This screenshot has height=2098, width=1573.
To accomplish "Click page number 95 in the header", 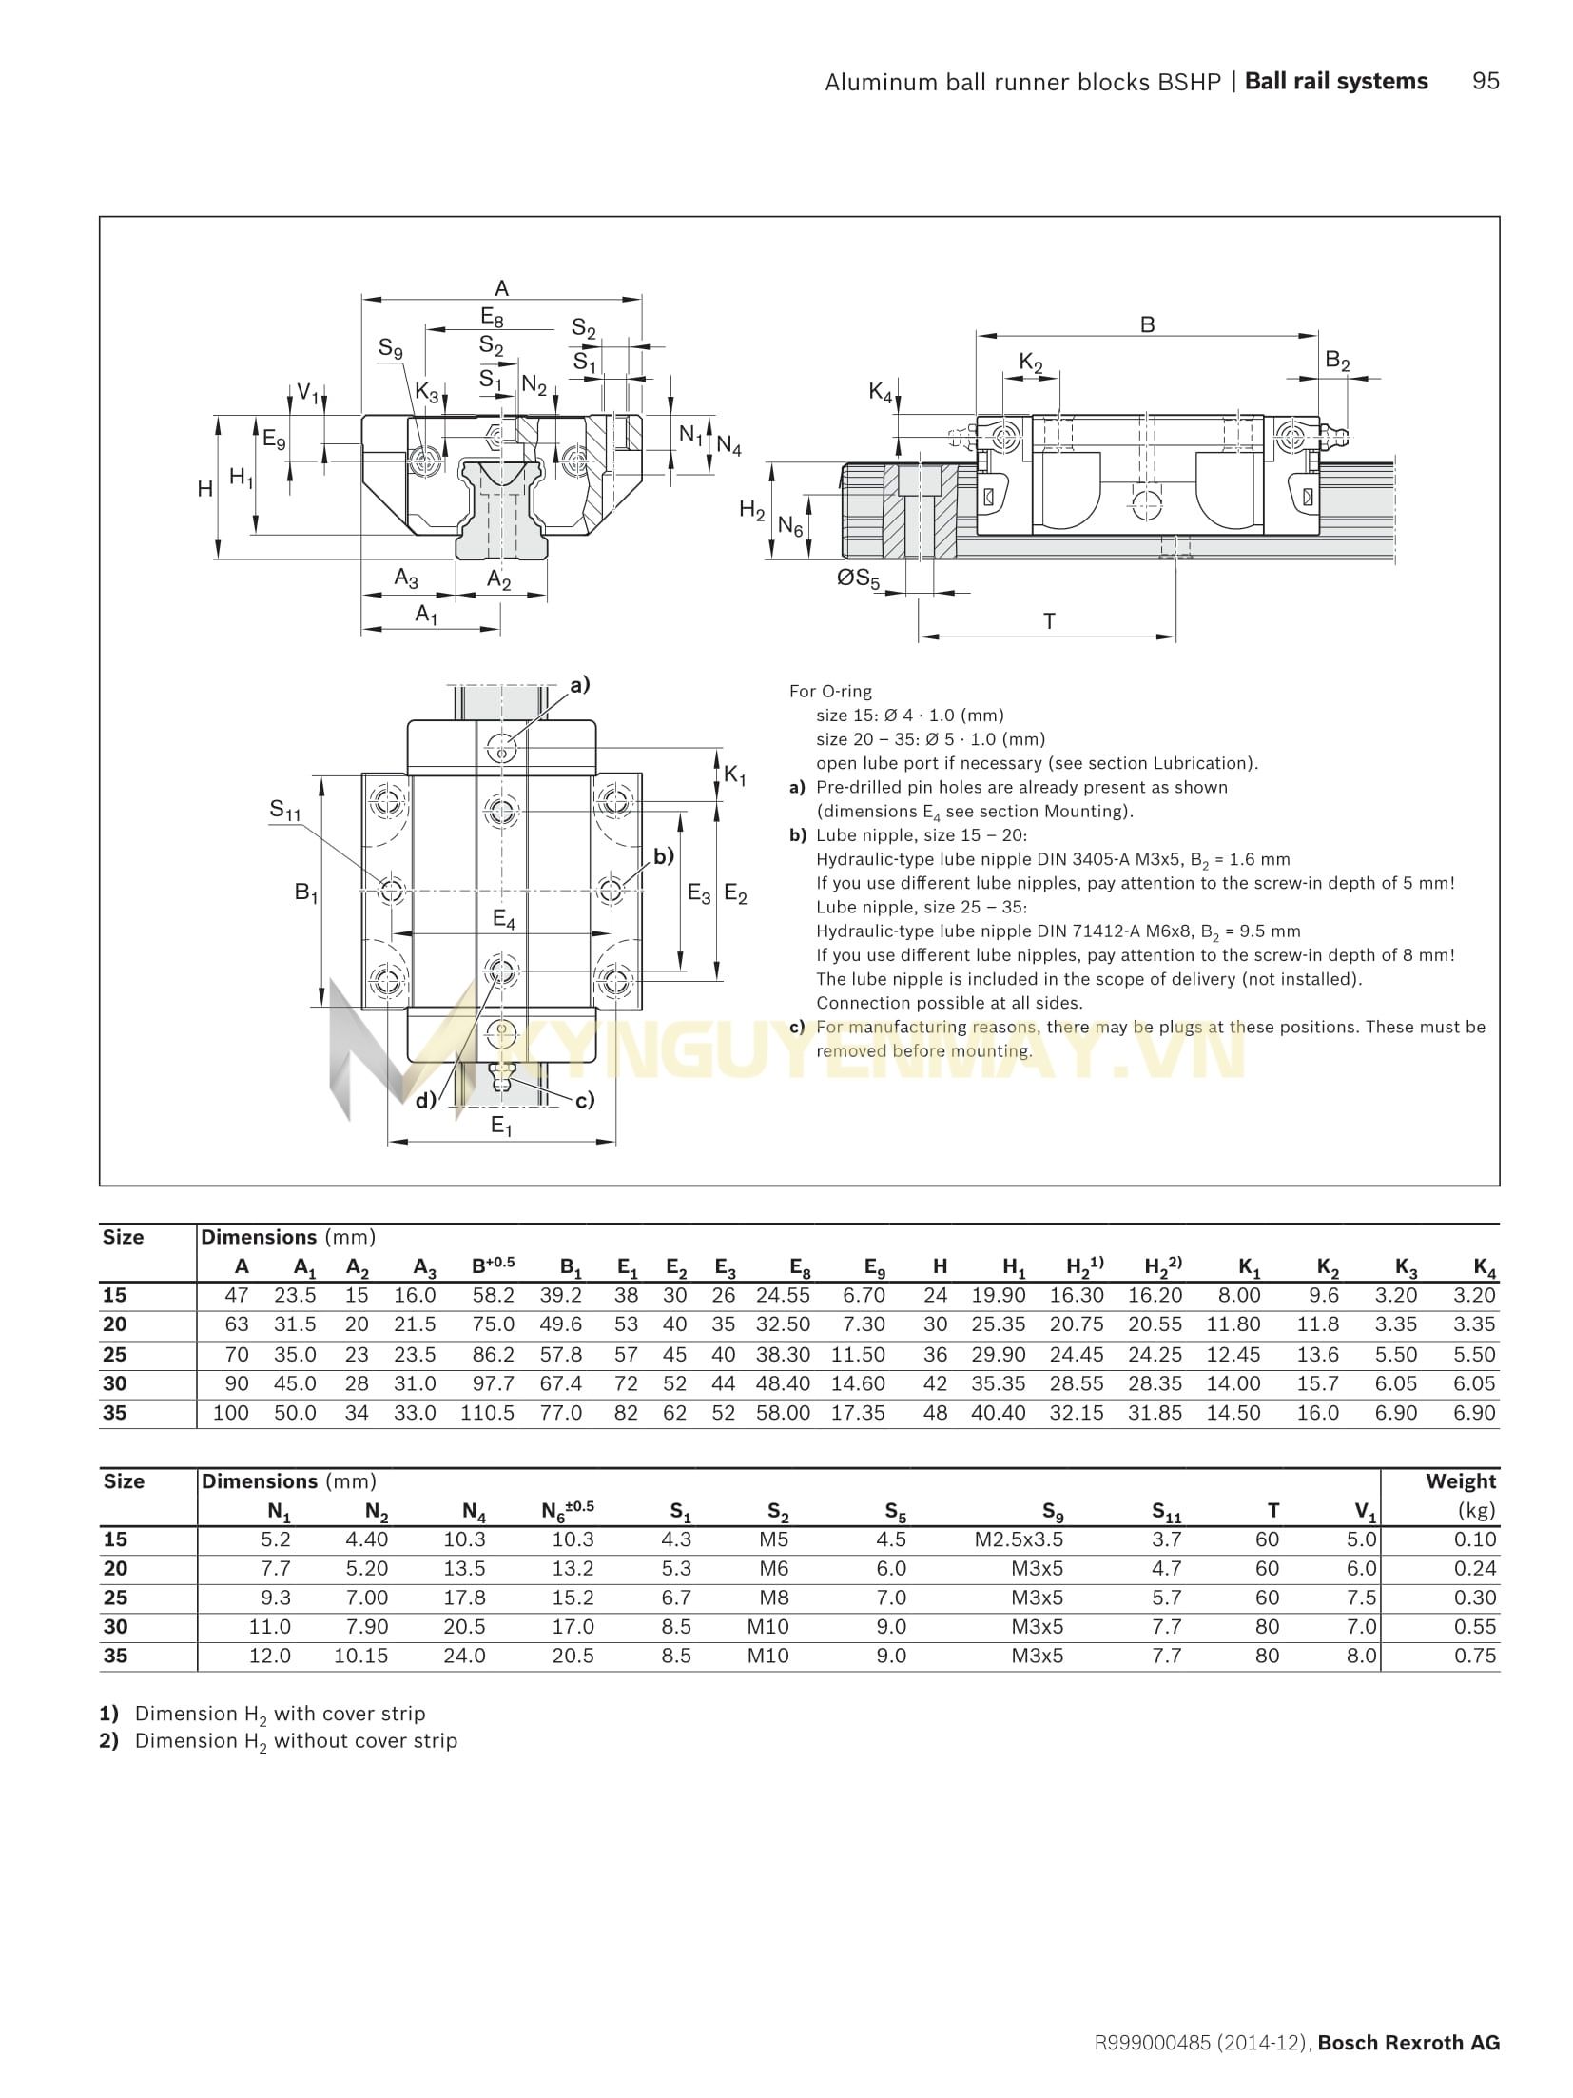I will pos(1485,81).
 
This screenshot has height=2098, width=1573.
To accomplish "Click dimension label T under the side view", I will pos(1049,621).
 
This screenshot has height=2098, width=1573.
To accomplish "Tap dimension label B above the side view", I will pos(1147,324).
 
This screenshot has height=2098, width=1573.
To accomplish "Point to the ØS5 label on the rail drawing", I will pos(858,578).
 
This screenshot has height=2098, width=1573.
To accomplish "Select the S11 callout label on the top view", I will pos(284,810).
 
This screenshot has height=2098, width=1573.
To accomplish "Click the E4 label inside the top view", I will pos(503,920).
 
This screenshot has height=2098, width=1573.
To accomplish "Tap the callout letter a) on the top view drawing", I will pos(579,684).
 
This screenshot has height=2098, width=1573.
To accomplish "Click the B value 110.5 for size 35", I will pos(487,1413).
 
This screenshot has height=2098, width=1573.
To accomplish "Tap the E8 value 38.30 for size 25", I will pos(783,1354).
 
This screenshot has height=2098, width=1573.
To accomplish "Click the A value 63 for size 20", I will pos(236,1324).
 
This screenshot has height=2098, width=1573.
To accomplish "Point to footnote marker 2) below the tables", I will pos(109,1740).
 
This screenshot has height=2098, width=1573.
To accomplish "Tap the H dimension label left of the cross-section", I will pos(204,488).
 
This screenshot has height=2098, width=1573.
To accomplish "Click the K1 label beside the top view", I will pos(735,775).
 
